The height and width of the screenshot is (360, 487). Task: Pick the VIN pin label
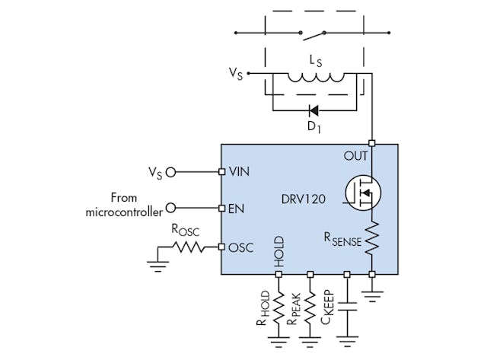(x=240, y=172)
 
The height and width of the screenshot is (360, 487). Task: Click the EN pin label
(x=235, y=208)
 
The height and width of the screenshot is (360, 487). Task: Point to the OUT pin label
(x=355, y=155)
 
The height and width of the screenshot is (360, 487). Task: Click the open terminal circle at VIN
(x=170, y=171)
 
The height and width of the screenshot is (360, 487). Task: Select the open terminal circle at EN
(x=170, y=207)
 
